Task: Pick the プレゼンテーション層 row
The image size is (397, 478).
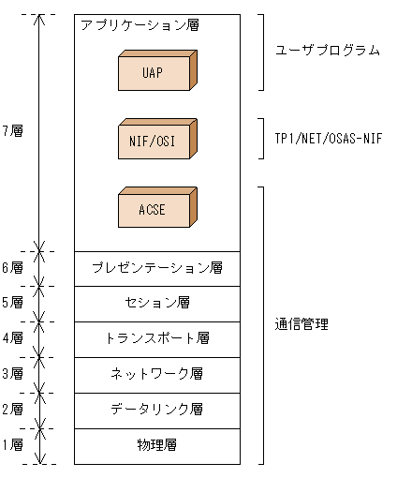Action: pos(157,268)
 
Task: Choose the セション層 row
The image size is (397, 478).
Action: pos(157,303)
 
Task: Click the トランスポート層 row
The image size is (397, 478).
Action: pos(157,338)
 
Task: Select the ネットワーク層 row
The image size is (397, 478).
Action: pos(157,374)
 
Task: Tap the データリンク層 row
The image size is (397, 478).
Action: pos(157,410)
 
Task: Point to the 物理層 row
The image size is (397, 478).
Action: pos(157,445)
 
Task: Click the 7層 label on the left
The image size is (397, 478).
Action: pos(12,131)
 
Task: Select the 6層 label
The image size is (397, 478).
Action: pos(12,268)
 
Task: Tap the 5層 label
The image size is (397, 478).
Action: pos(12,303)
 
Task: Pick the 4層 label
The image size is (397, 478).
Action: pos(12,338)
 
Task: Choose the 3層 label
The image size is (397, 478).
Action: pos(12,374)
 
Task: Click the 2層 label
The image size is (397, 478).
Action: pos(12,410)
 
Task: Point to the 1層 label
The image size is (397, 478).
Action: pos(12,445)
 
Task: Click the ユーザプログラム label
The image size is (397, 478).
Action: pos(328,51)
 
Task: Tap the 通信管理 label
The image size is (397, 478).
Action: pos(301,325)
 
